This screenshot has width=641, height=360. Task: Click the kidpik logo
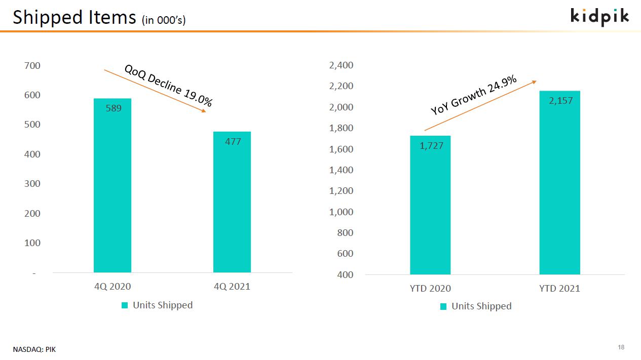[x=599, y=17]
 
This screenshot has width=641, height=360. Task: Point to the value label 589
[x=114, y=108]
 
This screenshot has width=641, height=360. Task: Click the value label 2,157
[x=561, y=101]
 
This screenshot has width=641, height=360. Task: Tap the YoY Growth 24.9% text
[x=473, y=95]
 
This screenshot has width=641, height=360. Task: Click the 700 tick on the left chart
[x=32, y=66]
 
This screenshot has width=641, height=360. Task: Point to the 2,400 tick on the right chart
[x=341, y=65]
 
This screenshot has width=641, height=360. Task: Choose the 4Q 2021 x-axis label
[x=232, y=287]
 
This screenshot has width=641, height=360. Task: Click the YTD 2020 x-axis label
[x=430, y=289]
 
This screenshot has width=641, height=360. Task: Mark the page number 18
[x=621, y=347]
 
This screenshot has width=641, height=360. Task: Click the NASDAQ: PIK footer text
[x=34, y=349]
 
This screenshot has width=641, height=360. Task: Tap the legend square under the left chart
[x=125, y=305]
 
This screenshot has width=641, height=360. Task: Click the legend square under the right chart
[x=443, y=306]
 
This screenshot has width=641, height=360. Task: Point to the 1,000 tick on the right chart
[x=341, y=212]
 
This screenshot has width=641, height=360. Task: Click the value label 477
[x=233, y=142]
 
